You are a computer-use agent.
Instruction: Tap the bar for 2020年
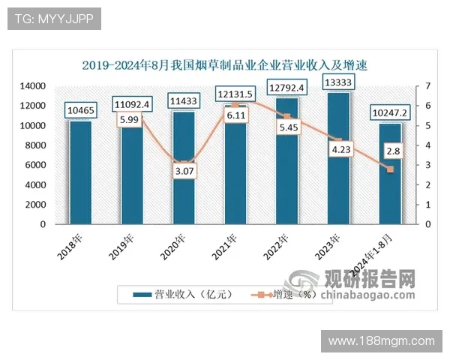(x=184, y=180)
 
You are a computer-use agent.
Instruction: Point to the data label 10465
(x=80, y=112)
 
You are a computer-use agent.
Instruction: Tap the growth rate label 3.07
(x=184, y=172)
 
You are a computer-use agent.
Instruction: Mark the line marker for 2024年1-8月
(x=390, y=169)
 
